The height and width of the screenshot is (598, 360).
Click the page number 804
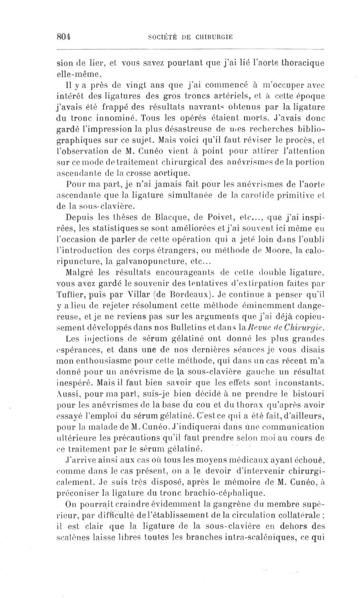coord(64,37)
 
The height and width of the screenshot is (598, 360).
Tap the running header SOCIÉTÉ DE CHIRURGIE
coord(190,37)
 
